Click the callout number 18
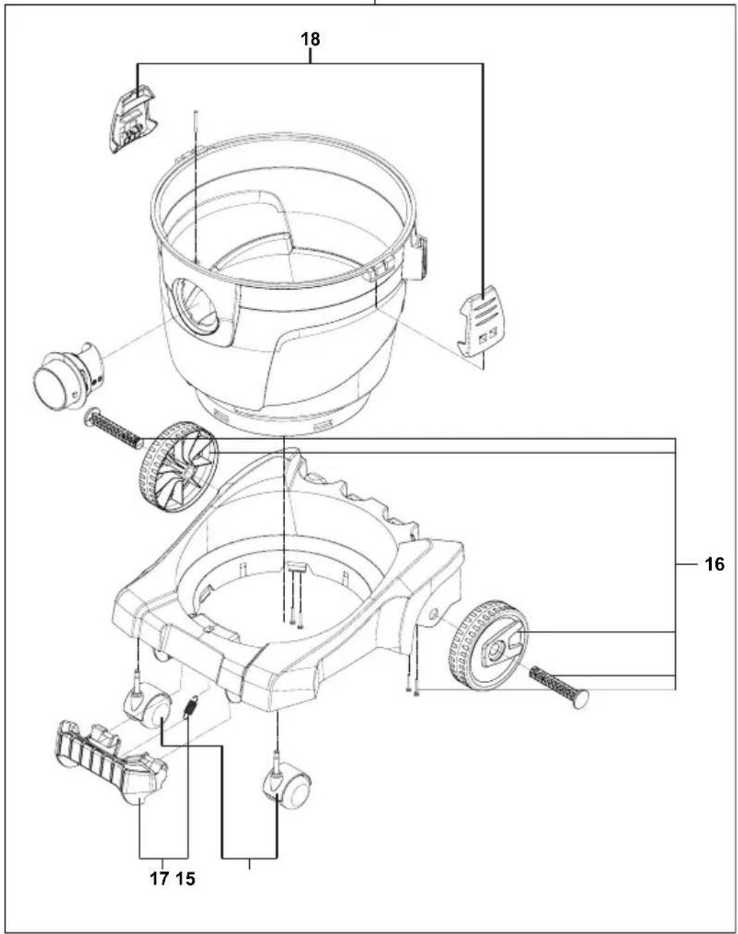click(x=310, y=39)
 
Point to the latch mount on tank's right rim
click(x=418, y=258)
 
